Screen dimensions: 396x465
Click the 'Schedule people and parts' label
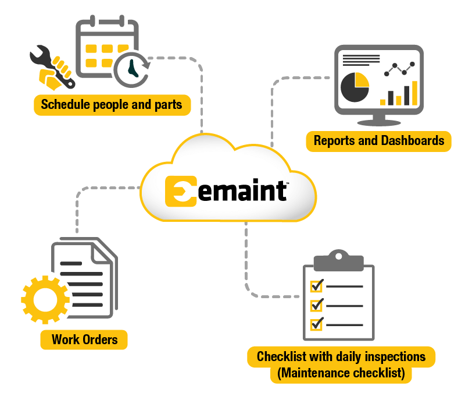(112, 105)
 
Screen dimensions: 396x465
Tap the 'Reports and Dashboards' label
(378, 140)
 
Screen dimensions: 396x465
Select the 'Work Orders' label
(84, 340)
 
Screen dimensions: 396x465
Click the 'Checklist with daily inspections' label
(341, 356)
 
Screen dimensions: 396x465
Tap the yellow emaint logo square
(181, 191)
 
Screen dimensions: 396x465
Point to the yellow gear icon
(44, 299)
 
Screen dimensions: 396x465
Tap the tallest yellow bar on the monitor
(414, 93)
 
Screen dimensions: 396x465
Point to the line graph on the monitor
(399, 69)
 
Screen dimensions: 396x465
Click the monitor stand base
(378, 122)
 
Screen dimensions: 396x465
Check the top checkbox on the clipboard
(317, 285)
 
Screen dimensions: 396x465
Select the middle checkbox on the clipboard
(317, 305)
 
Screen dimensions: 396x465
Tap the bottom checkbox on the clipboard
(317, 324)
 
